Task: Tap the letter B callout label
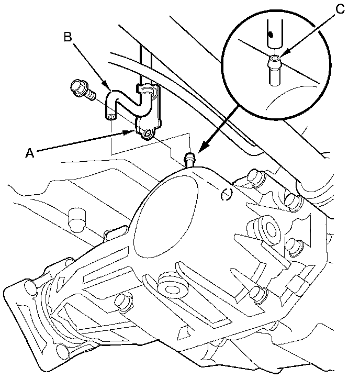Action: click(x=68, y=38)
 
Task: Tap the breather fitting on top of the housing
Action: click(x=189, y=158)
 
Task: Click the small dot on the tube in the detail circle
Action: click(x=270, y=35)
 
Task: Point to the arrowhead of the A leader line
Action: click(x=134, y=132)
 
